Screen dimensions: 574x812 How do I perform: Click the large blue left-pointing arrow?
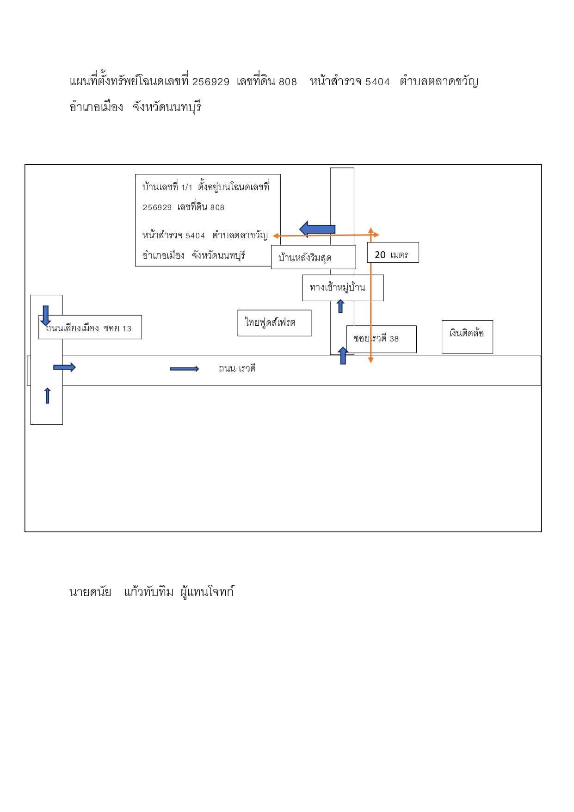317,229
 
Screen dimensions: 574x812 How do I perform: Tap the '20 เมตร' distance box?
393,253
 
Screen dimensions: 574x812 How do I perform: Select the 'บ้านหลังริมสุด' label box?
314,257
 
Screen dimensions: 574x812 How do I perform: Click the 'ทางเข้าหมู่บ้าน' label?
337,287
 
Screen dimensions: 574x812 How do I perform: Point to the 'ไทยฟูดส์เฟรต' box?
274,323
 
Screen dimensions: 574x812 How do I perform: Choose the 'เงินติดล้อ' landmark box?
467,337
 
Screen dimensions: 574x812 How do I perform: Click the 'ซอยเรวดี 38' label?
376,338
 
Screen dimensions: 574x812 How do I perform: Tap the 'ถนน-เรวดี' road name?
237,368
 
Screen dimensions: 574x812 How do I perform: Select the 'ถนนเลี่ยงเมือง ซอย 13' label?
88,328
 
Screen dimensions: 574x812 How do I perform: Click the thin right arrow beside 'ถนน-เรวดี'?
185,369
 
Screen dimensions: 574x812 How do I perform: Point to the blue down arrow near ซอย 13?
45,316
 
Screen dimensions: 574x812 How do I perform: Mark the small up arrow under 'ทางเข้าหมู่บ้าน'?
340,306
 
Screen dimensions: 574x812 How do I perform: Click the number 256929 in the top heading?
211,82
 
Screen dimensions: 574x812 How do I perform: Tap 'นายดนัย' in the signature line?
90,592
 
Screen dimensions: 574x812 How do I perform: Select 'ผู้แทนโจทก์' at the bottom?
207,592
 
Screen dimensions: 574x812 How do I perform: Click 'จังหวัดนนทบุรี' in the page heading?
167,107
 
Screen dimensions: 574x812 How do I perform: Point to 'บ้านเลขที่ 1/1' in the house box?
167,187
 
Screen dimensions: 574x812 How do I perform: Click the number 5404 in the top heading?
377,82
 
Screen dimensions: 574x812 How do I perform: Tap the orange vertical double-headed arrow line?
370,295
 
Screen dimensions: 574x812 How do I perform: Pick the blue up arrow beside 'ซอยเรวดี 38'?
343,355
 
